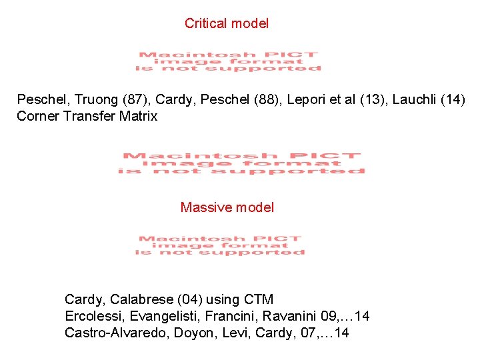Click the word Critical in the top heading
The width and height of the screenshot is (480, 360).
205,24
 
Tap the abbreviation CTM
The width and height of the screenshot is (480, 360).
258,299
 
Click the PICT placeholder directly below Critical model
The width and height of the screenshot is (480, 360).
228,61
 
